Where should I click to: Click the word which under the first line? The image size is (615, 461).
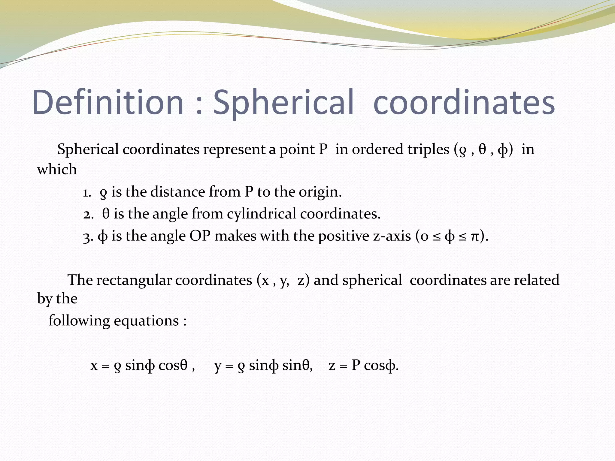57,169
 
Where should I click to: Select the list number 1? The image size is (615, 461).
87,192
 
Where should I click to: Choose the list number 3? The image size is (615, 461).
87,237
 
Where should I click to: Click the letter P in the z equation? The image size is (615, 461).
356,365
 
